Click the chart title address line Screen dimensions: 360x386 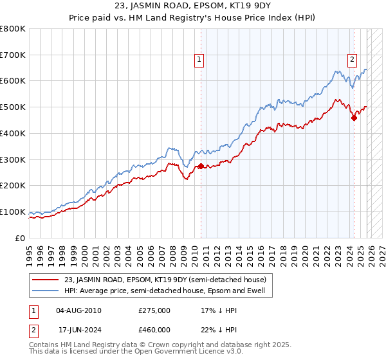coord(192,6)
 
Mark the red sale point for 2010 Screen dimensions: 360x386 coord(201,166)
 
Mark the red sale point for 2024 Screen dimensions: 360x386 coord(354,117)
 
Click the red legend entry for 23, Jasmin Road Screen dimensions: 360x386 coord(160,279)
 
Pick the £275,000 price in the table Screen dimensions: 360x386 coord(154,310)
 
